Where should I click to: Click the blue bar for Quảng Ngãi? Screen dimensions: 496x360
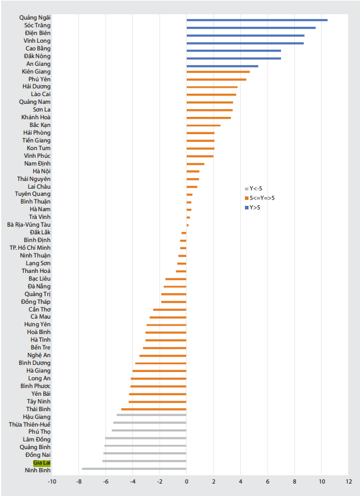tap(257, 20)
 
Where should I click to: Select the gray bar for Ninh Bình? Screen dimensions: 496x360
tap(134, 469)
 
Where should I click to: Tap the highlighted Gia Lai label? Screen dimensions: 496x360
tap(42, 462)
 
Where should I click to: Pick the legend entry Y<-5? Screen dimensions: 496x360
tap(256, 188)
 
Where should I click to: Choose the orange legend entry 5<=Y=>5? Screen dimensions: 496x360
tap(261, 198)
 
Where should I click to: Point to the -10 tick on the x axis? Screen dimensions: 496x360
tap(52, 481)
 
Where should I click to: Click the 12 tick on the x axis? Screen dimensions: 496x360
tap(349, 481)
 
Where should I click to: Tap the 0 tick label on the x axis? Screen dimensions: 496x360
tap(186, 481)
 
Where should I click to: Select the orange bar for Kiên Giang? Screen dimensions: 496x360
tap(218, 72)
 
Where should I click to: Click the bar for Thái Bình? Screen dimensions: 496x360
tap(154, 409)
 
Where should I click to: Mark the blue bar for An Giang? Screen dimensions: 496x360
tap(222, 66)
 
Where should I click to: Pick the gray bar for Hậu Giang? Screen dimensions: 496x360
tap(151, 415)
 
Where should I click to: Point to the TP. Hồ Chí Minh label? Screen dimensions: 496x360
tap(30, 247)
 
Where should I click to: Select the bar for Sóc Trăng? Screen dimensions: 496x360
tap(251, 27)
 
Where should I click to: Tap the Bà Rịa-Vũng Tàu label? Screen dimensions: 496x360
tap(29, 225)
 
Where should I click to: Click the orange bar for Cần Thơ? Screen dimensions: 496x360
tap(170, 310)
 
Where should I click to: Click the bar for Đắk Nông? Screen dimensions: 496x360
tap(234, 58)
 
